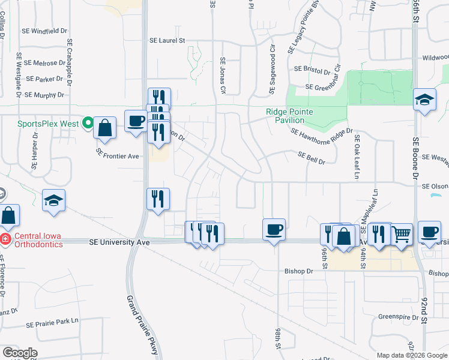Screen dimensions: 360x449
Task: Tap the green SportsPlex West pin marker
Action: tap(88, 124)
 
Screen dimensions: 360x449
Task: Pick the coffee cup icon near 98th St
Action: tap(274, 229)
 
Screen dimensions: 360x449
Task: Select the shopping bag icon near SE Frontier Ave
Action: tap(104, 128)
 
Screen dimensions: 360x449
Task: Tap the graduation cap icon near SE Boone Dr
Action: tap(424, 100)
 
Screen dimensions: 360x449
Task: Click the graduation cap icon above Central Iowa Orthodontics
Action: tap(53, 201)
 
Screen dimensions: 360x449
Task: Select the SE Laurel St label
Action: tap(167, 41)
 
